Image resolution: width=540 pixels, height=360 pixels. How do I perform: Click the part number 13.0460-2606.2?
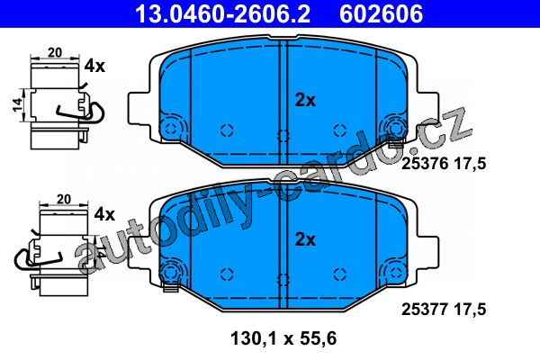click(x=223, y=13)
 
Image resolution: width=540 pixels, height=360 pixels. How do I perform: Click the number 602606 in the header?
click(x=381, y=13)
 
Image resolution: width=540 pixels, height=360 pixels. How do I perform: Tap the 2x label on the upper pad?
click(x=305, y=100)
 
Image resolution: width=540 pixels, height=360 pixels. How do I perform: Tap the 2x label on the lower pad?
click(x=305, y=239)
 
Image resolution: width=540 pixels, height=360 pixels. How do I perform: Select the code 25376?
click(x=425, y=164)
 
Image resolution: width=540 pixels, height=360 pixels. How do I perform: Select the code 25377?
click(x=425, y=309)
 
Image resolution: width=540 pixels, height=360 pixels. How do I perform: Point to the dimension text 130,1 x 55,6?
click(x=283, y=338)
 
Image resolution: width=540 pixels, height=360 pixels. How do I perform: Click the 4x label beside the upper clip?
click(x=94, y=66)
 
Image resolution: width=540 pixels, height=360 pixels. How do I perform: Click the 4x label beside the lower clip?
click(x=104, y=214)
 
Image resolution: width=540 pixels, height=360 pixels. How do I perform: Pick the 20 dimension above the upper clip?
click(x=55, y=53)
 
